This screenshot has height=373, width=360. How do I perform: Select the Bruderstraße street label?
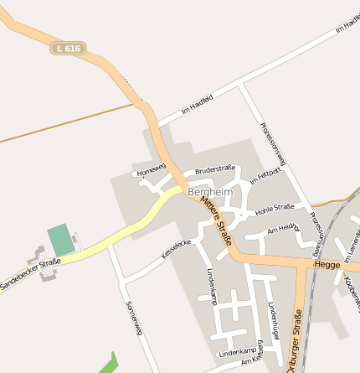[x=215, y=169]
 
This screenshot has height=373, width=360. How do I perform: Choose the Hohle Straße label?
[x=275, y=207]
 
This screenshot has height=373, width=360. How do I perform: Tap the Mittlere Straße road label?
[x=215, y=226]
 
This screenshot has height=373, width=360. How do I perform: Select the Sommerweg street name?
[x=134, y=318]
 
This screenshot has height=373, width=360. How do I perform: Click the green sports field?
[x=61, y=240]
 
